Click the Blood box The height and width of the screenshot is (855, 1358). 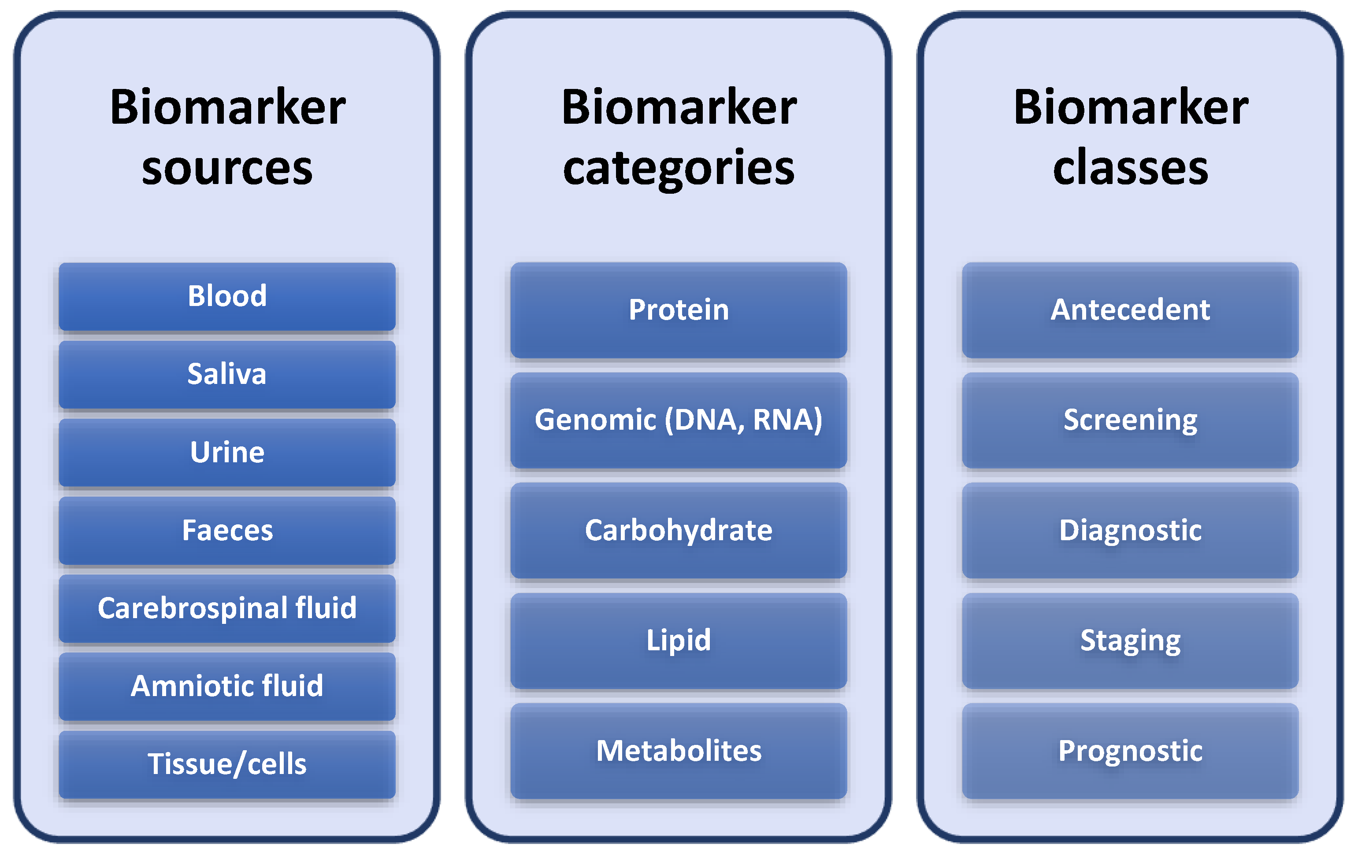coord(227,296)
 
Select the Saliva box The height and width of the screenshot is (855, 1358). coord(227,374)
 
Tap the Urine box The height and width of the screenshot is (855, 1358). coord(227,453)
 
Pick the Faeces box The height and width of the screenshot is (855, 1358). coord(227,531)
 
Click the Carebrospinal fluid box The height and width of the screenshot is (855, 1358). coord(227,608)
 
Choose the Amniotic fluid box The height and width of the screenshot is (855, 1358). coord(227,686)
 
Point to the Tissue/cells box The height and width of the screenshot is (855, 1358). coord(227,764)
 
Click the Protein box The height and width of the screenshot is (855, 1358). coord(679,310)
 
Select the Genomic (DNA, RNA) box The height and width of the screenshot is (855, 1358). coord(679,420)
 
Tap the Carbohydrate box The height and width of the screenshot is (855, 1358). coord(679,531)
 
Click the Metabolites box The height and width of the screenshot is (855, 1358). coord(679,751)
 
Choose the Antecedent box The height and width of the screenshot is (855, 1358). coord(1130,310)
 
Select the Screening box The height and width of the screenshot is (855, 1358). coord(1130,420)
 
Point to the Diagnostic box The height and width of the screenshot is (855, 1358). coord(1130,531)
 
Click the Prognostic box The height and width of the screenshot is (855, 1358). coord(1130,751)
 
